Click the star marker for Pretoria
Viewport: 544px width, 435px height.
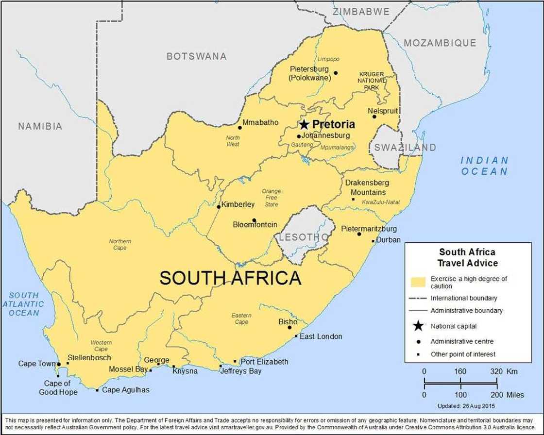pos(305,125)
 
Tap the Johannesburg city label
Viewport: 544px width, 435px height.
pos(325,135)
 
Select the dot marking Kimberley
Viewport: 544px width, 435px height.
pos(219,207)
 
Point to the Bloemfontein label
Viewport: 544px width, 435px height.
pos(255,225)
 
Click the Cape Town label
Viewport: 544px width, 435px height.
pos(37,364)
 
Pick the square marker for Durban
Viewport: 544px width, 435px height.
pos(373,241)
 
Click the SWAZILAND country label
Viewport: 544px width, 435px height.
pos(405,147)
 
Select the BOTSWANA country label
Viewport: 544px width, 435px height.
pos(196,56)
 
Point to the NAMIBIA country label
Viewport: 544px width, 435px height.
pos(40,127)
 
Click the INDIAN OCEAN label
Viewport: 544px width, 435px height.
pos(484,166)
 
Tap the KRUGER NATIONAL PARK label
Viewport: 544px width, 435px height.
pos(372,81)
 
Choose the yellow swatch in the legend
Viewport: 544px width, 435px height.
pos(418,282)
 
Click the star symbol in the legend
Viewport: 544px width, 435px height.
pos(418,326)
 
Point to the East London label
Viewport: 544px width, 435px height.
pos(321,336)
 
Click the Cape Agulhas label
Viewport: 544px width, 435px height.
pos(126,390)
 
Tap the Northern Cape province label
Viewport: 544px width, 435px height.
pos(120,244)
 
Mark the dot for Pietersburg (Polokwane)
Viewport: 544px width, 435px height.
pos(335,73)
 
